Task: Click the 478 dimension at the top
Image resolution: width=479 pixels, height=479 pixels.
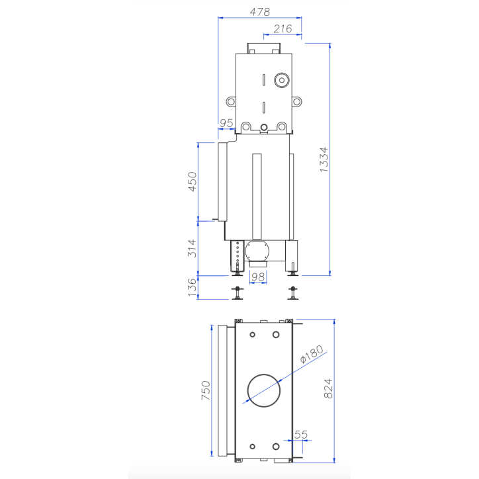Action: [260, 12]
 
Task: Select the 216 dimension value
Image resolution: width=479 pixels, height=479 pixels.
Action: [283, 28]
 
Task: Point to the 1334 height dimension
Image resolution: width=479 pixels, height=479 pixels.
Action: [324, 159]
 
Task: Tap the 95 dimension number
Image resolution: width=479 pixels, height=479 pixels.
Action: [226, 123]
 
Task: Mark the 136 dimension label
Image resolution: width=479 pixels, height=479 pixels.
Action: [193, 287]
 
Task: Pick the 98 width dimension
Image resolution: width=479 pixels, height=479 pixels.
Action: [258, 278]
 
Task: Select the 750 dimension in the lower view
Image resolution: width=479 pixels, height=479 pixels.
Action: [205, 390]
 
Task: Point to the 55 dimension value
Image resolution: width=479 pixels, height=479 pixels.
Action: [301, 435]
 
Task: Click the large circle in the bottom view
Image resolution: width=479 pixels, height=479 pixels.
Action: [264, 389]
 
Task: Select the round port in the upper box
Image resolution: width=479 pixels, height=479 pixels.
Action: [282, 81]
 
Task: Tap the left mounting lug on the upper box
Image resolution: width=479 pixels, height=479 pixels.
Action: [231, 102]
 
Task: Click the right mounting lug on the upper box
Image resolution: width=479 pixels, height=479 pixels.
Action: [298, 102]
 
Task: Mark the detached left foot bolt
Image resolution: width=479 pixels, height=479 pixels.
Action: [237, 292]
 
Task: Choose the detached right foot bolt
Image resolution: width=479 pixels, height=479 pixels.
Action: [292, 292]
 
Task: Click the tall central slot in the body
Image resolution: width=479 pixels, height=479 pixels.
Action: [257, 196]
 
